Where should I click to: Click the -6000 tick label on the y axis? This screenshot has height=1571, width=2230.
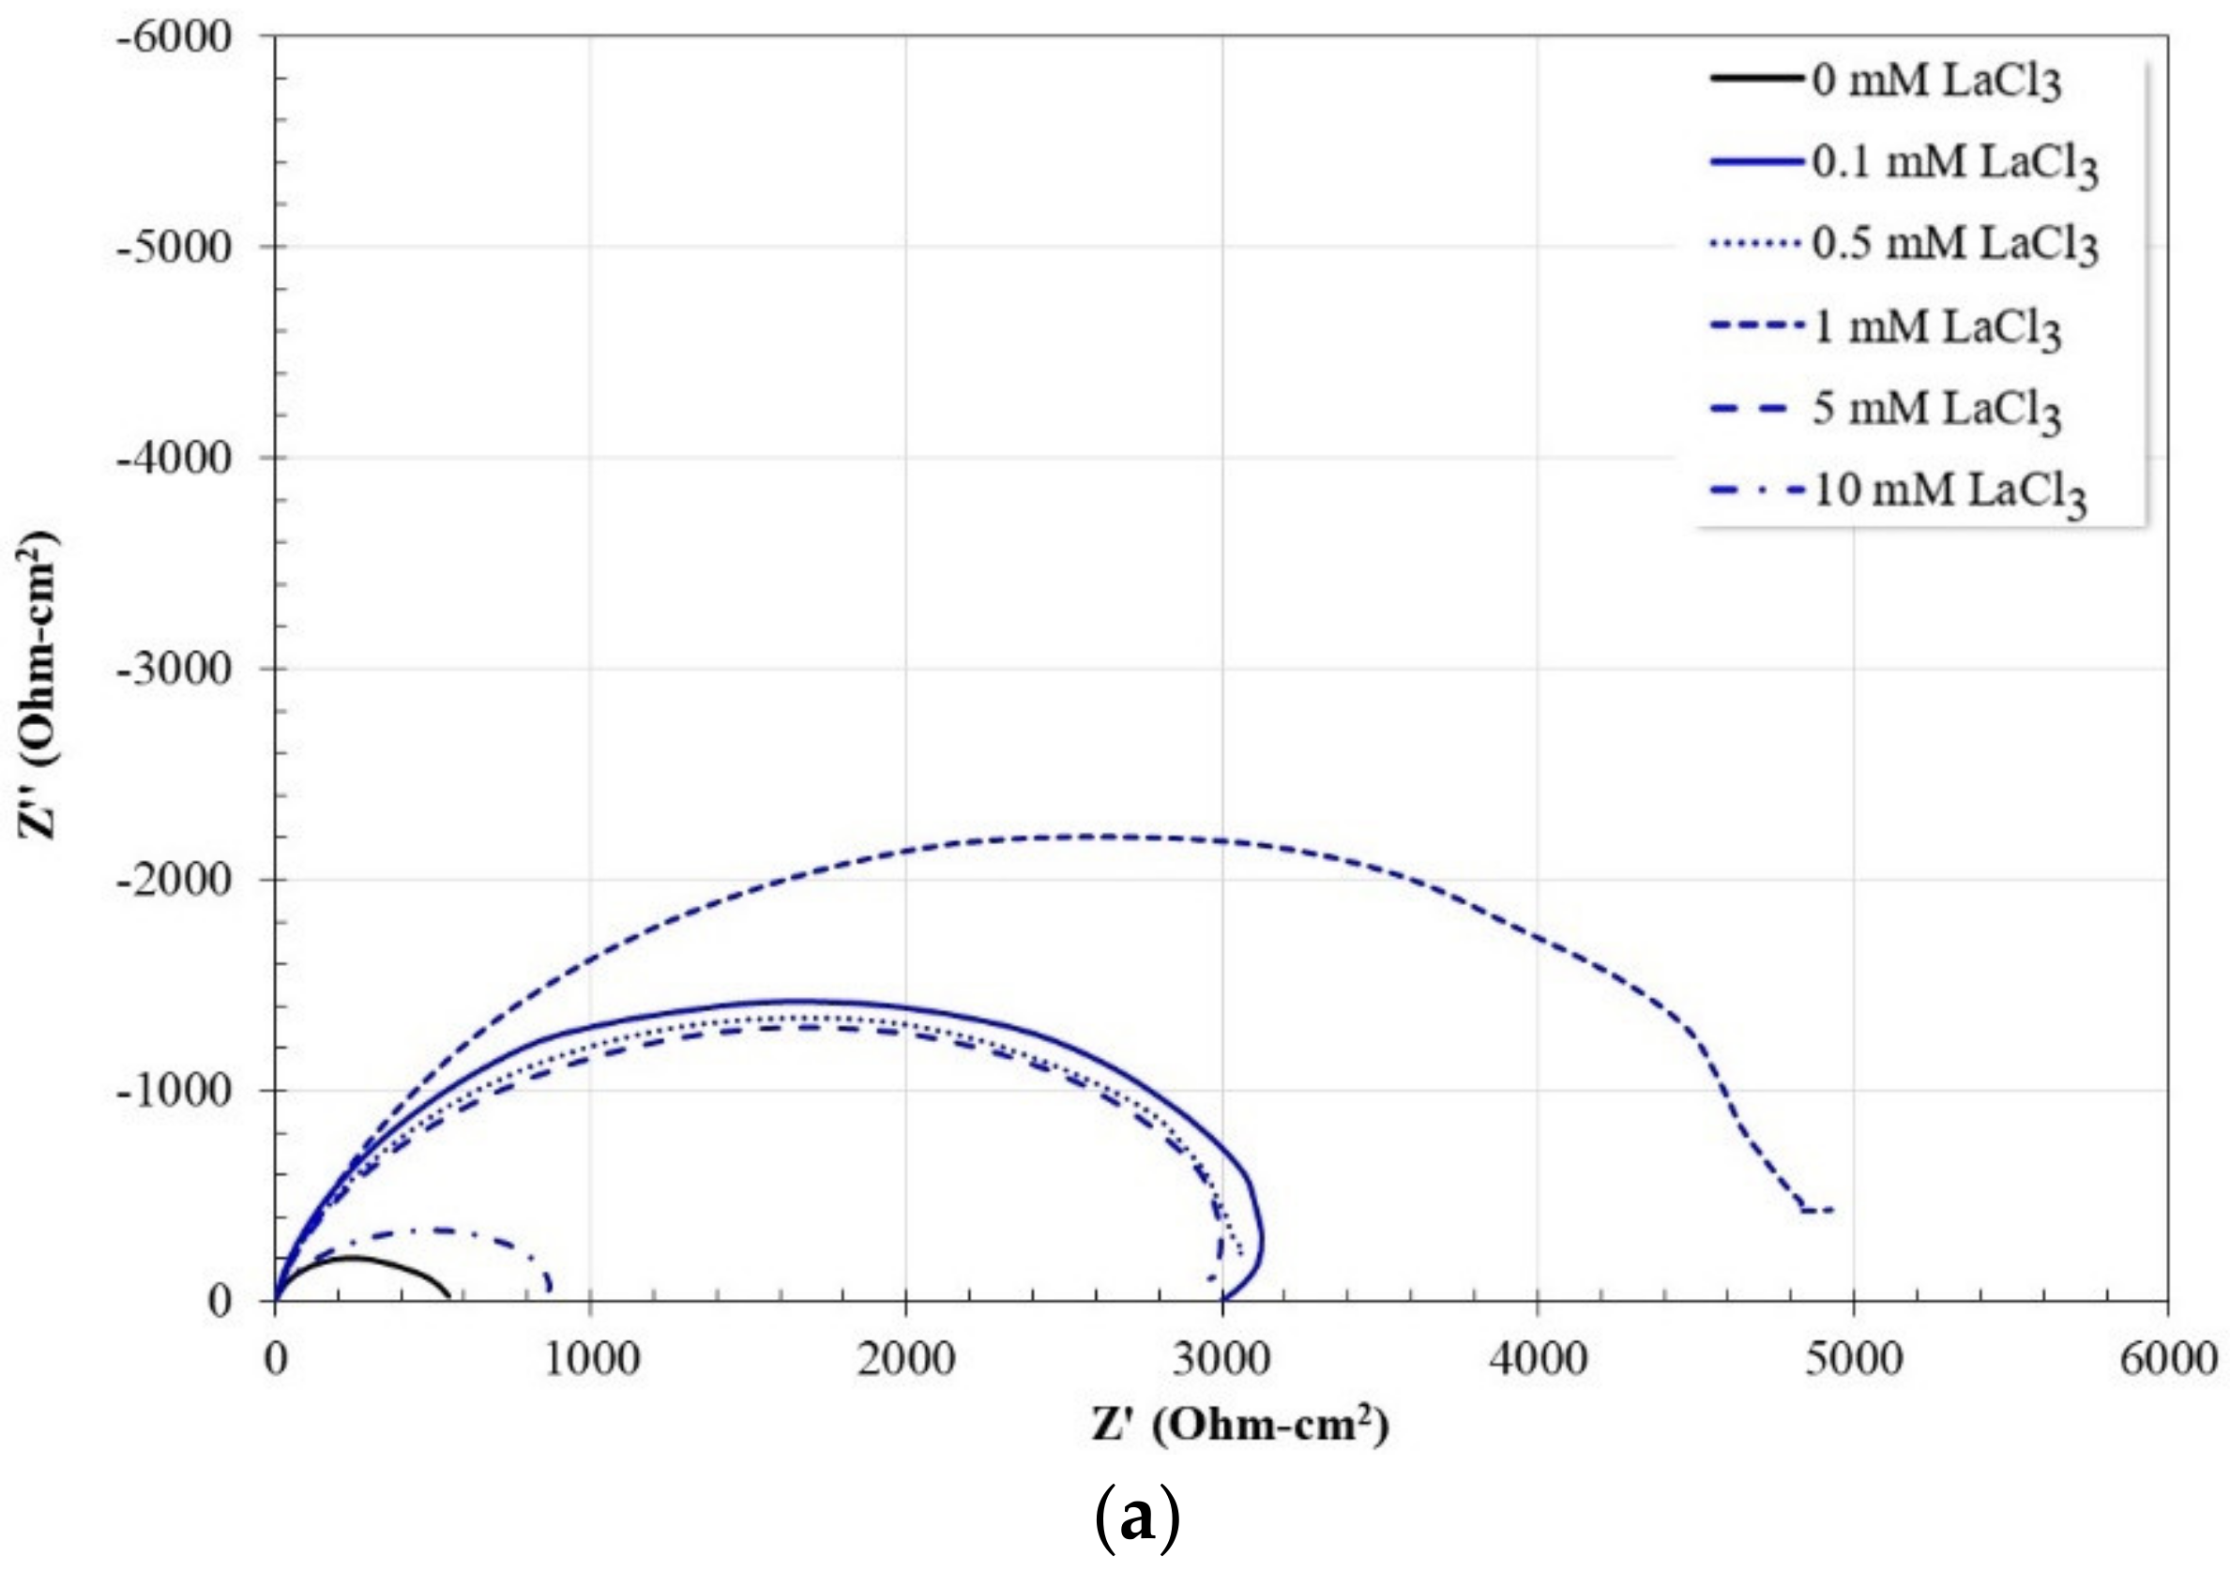pos(174,37)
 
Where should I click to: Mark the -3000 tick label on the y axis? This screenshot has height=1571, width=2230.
pos(174,669)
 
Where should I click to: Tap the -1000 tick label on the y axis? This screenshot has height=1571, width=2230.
pos(174,1091)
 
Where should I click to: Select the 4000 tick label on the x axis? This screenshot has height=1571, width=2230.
pos(1538,1359)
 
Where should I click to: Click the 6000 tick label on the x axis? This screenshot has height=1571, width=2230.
pos(2168,1359)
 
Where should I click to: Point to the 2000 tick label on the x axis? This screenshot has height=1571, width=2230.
pos(906,1359)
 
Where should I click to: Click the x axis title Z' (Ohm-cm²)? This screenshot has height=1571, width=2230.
pos(1241,1426)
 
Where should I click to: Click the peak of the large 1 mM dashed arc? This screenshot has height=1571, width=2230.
pos(1098,836)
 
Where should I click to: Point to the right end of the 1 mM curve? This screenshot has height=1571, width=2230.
pos(1831,1209)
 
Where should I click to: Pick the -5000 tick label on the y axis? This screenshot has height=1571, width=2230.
pos(174,248)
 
